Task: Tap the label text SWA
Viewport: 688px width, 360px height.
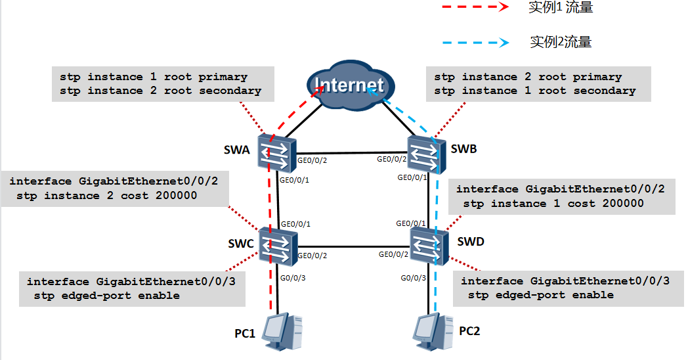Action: click(238, 150)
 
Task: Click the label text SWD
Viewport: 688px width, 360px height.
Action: click(471, 241)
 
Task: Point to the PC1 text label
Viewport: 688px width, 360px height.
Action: click(245, 333)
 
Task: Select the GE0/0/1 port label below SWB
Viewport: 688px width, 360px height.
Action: click(413, 177)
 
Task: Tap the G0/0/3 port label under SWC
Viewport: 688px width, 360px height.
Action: click(293, 279)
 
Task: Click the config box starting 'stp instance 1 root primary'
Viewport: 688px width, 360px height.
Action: click(160, 83)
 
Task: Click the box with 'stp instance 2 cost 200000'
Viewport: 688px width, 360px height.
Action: click(115, 188)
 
